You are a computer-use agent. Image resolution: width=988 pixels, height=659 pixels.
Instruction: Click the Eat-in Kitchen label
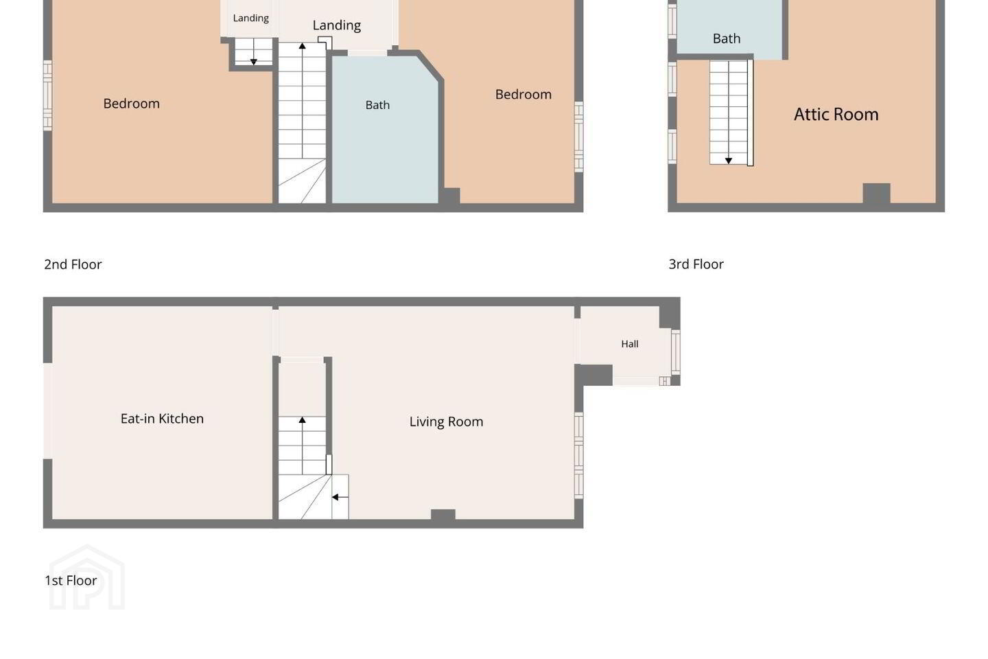coord(162,419)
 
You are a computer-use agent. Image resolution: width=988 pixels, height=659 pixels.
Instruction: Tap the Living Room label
coord(446,421)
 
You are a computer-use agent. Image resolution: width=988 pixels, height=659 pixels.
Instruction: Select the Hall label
coord(629,344)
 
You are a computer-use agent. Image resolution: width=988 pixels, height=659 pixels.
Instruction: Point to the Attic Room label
coord(836,115)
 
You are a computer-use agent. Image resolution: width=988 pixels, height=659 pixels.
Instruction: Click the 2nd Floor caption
coord(73,264)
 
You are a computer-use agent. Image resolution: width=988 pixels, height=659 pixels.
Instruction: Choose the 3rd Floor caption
coord(696,264)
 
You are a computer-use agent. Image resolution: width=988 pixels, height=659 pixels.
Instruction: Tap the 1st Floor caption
coord(71,581)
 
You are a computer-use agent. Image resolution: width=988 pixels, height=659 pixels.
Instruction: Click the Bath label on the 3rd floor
coord(727,38)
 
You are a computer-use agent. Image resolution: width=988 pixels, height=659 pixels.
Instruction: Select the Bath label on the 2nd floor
coord(377,105)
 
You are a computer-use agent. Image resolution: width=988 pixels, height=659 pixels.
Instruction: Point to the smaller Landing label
coord(250,18)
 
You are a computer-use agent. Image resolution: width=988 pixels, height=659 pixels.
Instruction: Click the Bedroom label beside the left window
coord(132,103)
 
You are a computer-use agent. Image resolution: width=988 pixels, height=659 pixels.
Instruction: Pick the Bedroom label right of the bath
coord(523,94)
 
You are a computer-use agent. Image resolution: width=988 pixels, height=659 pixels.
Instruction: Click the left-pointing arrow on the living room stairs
coord(340,497)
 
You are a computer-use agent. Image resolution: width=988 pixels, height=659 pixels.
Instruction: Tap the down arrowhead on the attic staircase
coord(729,161)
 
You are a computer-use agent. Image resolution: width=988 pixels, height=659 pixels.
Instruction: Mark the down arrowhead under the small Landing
coord(254,62)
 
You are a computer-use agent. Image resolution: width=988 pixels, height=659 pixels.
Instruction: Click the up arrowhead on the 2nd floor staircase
coord(302,46)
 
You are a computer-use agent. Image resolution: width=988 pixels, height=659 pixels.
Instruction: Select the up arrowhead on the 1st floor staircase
coord(302,420)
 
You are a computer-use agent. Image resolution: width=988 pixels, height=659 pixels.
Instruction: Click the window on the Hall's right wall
coord(675,352)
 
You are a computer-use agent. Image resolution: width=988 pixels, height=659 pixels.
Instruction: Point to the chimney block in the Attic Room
coord(876,194)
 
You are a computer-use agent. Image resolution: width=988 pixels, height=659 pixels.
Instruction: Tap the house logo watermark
coord(87,577)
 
